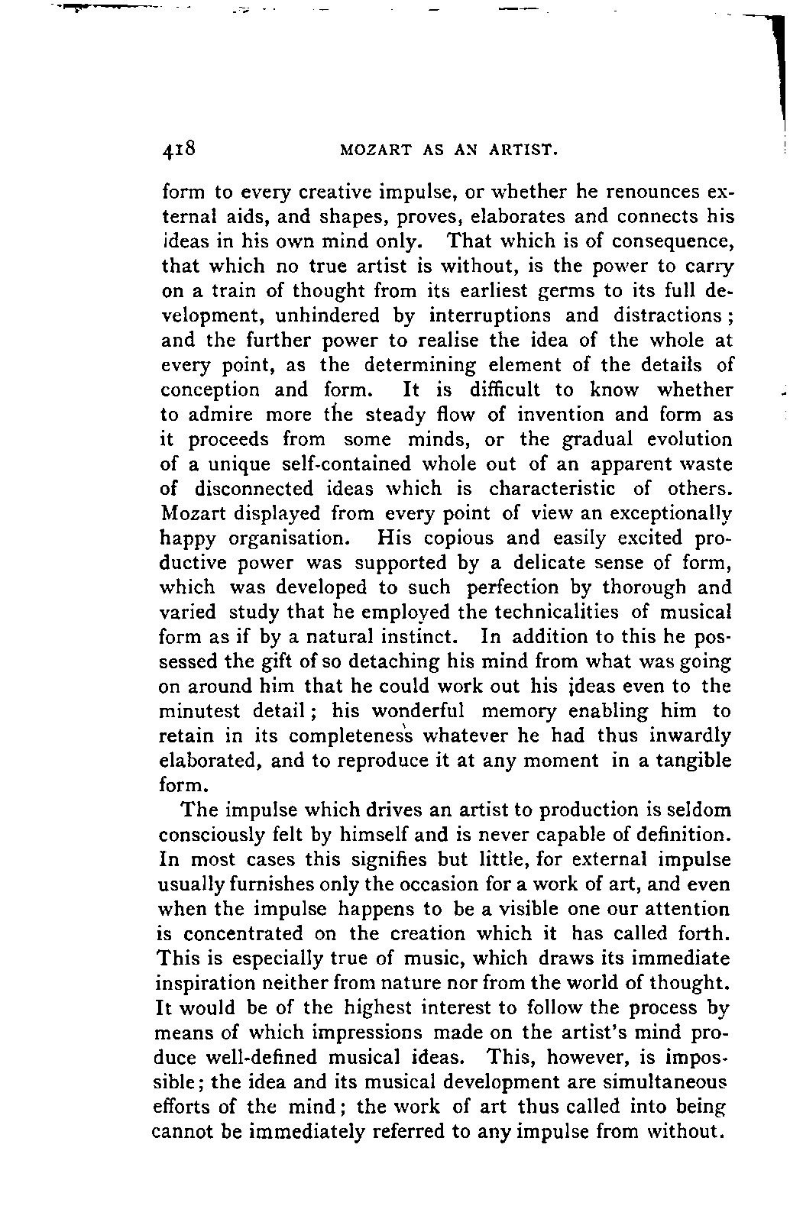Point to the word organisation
[x=290, y=538]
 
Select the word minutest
[x=199, y=711]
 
